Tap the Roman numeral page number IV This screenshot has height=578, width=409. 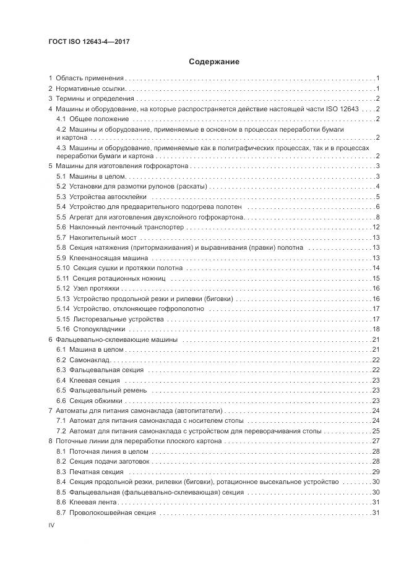coord(53,525)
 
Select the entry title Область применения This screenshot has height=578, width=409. coord(90,79)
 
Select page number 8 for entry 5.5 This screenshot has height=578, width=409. coord(377,217)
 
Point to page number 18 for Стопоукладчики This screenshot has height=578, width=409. coord(376,329)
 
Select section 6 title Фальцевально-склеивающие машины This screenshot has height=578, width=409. coord(116,340)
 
